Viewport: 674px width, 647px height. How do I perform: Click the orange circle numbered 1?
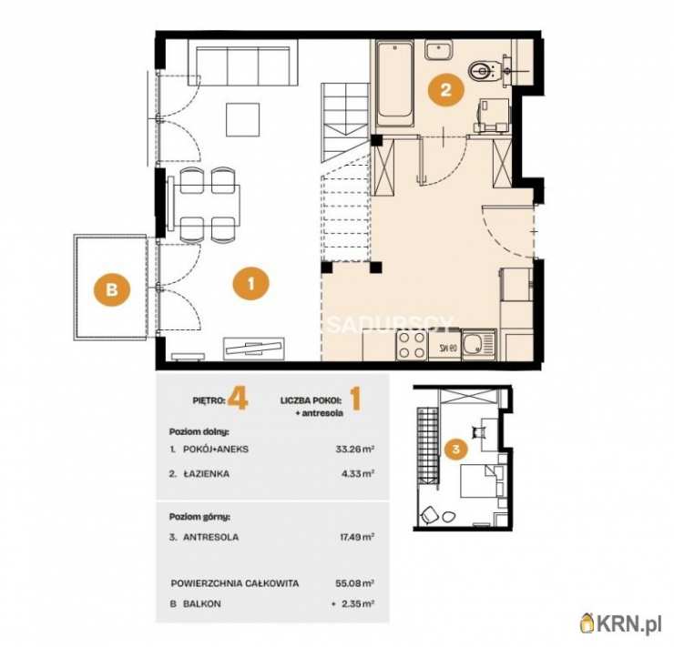tap(251, 284)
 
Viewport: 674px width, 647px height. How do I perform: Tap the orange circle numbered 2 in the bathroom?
tap(445, 90)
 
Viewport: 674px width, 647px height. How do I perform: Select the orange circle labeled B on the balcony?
tap(112, 288)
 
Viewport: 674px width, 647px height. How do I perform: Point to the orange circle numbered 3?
tap(456, 450)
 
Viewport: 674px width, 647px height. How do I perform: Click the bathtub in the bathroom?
tap(395, 84)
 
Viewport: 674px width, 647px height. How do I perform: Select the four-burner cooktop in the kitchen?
tap(413, 346)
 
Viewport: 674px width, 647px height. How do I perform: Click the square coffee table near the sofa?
tap(243, 120)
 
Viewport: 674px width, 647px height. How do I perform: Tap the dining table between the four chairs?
tap(205, 206)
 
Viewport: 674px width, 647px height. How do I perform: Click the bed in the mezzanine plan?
tap(482, 480)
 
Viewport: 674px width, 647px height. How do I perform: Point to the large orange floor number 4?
tap(238, 399)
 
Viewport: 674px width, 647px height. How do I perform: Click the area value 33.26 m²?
tap(354, 450)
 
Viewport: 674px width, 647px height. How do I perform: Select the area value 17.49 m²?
tap(356, 537)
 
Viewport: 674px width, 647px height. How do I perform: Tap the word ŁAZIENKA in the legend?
tap(206, 473)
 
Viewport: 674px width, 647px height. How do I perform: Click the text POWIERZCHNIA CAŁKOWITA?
tap(235, 583)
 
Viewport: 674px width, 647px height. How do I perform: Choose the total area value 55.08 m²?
tap(354, 583)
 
